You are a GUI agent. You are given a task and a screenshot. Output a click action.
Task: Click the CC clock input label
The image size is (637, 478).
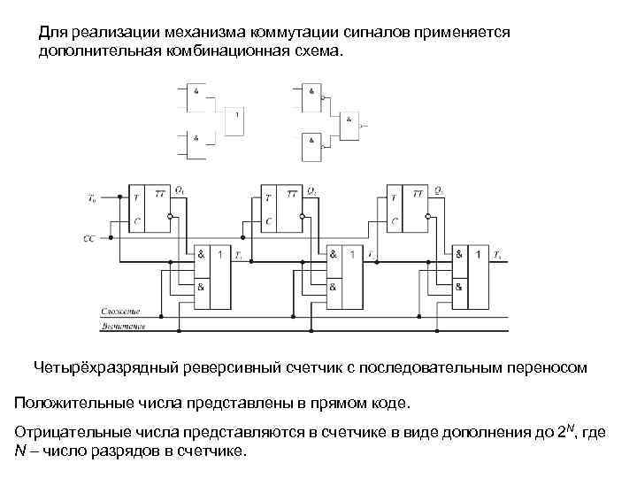[x=88, y=239]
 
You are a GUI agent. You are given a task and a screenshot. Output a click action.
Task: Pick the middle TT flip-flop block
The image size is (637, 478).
[x=282, y=209]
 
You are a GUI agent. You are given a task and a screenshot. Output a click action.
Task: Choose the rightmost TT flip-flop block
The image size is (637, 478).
[x=409, y=209]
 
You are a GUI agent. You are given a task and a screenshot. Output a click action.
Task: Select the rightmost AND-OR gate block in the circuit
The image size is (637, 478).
[x=471, y=276]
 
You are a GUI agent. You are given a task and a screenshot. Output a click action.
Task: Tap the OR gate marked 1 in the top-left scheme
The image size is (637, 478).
[x=234, y=121]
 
